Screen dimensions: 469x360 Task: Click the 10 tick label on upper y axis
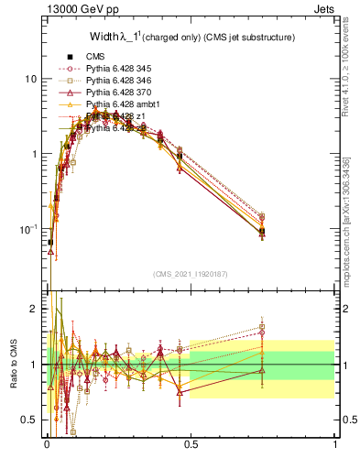[31, 80]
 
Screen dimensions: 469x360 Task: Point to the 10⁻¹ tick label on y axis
[29, 228]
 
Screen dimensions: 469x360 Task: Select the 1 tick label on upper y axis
[34, 155]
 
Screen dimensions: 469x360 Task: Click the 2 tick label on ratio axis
[34, 310]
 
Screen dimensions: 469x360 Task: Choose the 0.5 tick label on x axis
[191, 444]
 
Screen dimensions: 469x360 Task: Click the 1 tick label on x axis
[335, 444]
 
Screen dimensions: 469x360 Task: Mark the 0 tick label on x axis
[47, 444]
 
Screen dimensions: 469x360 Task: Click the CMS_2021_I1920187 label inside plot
[191, 273]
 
